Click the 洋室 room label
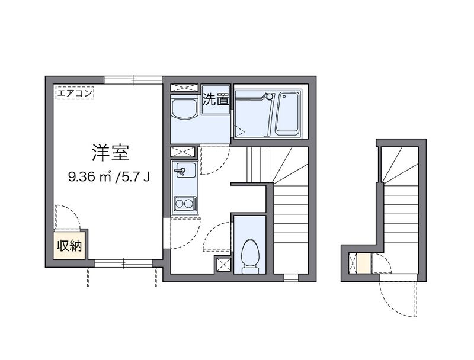click(110, 153)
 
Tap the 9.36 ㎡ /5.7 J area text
click(109, 176)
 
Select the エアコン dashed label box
click(75, 93)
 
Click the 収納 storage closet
click(69, 246)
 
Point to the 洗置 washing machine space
click(216, 99)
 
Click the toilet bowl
click(250, 255)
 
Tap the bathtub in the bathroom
click(287, 112)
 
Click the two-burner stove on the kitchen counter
click(184, 204)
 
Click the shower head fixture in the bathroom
click(269, 97)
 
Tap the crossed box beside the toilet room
click(224, 265)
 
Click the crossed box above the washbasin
click(184, 88)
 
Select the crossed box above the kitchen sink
click(183, 152)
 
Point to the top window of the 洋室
click(133, 80)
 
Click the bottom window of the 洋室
click(123, 263)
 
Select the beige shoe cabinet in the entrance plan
click(363, 263)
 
